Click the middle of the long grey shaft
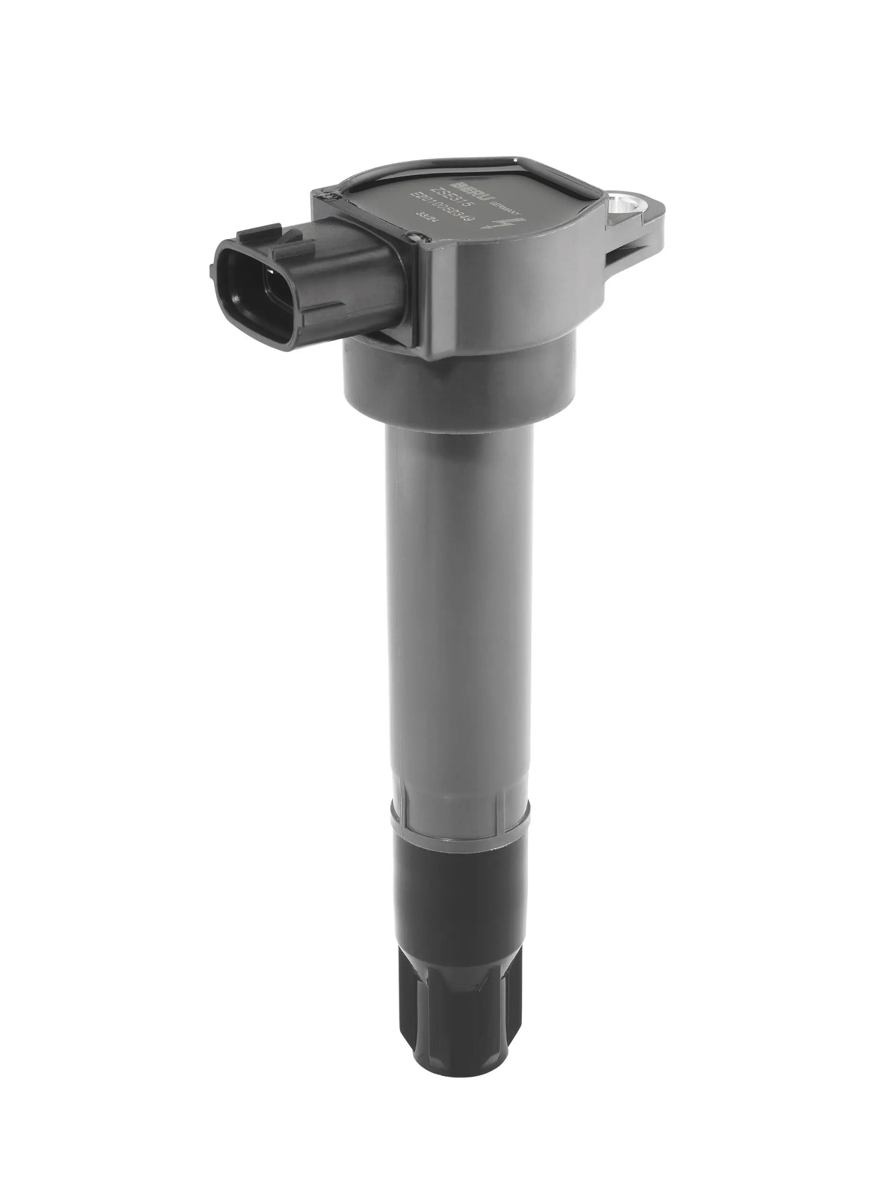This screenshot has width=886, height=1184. point(458,616)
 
